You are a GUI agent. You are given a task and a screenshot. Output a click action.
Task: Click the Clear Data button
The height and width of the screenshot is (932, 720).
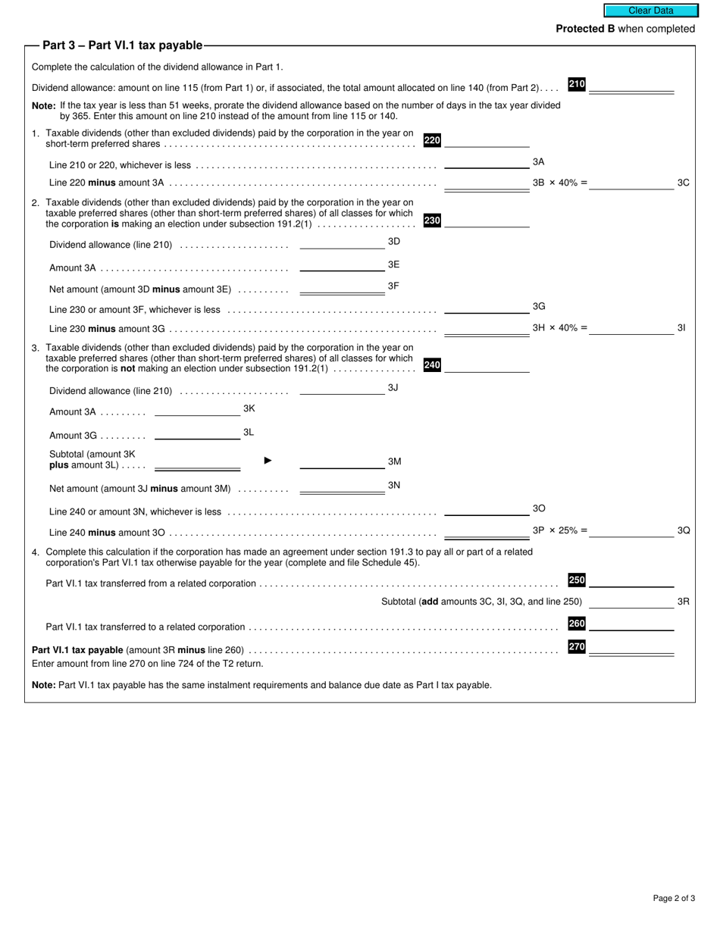click(650, 11)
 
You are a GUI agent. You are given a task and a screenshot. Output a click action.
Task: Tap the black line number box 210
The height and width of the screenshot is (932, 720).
click(577, 84)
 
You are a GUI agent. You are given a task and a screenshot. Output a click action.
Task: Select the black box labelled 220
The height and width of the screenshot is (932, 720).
click(432, 140)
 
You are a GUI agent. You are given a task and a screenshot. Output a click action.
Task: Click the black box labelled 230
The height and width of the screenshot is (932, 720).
click(432, 220)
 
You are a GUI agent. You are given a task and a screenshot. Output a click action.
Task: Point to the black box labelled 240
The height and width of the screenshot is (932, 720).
click(432, 365)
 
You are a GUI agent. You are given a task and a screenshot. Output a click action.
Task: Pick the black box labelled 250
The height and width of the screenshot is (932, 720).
click(577, 580)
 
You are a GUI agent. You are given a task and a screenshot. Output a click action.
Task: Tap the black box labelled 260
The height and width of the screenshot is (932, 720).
click(577, 624)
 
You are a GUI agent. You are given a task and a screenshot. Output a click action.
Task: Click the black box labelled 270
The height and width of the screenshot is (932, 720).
click(577, 647)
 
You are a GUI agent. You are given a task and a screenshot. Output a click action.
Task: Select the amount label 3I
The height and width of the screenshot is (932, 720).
click(681, 328)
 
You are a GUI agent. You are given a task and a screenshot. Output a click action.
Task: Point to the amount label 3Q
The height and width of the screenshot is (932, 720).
click(684, 530)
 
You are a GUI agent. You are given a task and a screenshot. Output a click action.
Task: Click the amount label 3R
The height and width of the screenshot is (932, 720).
click(683, 602)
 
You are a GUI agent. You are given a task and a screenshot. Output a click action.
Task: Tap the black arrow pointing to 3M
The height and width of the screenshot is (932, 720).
click(268, 461)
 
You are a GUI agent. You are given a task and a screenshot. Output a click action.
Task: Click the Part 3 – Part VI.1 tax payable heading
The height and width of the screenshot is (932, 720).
click(122, 45)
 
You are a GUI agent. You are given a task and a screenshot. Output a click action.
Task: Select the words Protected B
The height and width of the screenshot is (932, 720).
click(585, 29)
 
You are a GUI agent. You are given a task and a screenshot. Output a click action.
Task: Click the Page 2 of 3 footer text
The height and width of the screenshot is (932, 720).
click(674, 899)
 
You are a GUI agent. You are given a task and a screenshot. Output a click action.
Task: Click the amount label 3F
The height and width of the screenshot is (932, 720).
click(393, 286)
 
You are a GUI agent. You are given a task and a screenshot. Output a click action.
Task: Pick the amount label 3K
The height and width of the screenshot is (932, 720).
click(249, 408)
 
